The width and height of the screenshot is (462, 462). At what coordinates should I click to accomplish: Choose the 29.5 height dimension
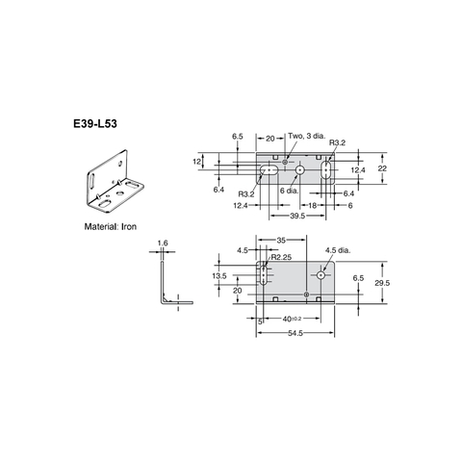click(x=382, y=282)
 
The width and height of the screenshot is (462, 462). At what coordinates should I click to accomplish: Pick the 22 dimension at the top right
click(x=382, y=167)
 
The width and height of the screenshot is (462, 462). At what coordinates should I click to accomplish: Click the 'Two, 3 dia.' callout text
click(x=309, y=138)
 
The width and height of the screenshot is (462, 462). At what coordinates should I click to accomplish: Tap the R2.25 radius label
click(x=281, y=256)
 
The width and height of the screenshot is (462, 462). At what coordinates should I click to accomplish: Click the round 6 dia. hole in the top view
click(x=300, y=170)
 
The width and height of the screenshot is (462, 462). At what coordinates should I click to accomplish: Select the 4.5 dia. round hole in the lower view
click(x=321, y=275)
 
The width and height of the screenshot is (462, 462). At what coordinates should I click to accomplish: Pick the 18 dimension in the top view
click(x=313, y=205)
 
